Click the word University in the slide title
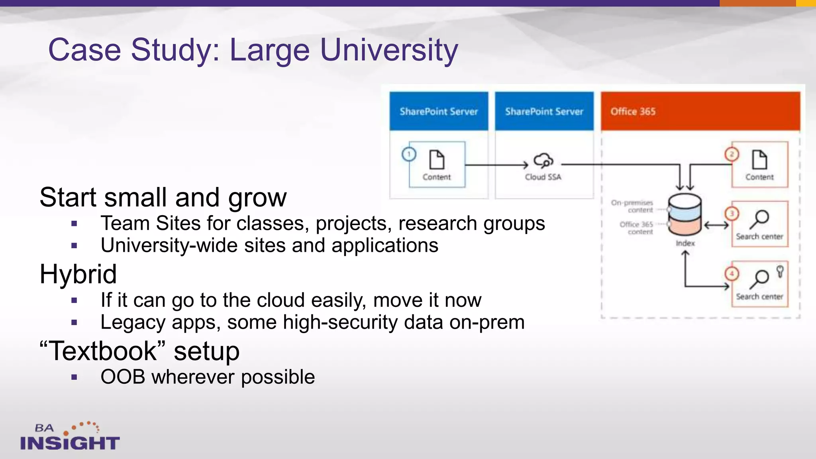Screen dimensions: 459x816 [389, 50]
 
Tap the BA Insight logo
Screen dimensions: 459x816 [70, 437]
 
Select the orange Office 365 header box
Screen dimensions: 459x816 [700, 111]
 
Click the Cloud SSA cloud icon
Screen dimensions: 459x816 [543, 161]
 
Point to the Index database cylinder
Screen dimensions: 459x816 [685, 215]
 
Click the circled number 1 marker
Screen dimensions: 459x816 [409, 154]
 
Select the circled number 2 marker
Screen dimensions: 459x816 [732, 154]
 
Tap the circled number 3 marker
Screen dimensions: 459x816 [732, 214]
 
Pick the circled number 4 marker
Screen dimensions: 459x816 [732, 274]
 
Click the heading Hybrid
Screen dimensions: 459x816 [78, 274]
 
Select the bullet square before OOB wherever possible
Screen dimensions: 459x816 [74, 377]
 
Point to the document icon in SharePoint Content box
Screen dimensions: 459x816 [437, 160]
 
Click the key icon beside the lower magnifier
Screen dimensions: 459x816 [780, 271]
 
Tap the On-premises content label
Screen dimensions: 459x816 [633, 206]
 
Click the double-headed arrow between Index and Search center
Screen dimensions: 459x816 [716, 226]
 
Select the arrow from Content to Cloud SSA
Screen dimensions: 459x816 [496, 165]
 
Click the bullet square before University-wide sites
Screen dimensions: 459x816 [74, 246]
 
